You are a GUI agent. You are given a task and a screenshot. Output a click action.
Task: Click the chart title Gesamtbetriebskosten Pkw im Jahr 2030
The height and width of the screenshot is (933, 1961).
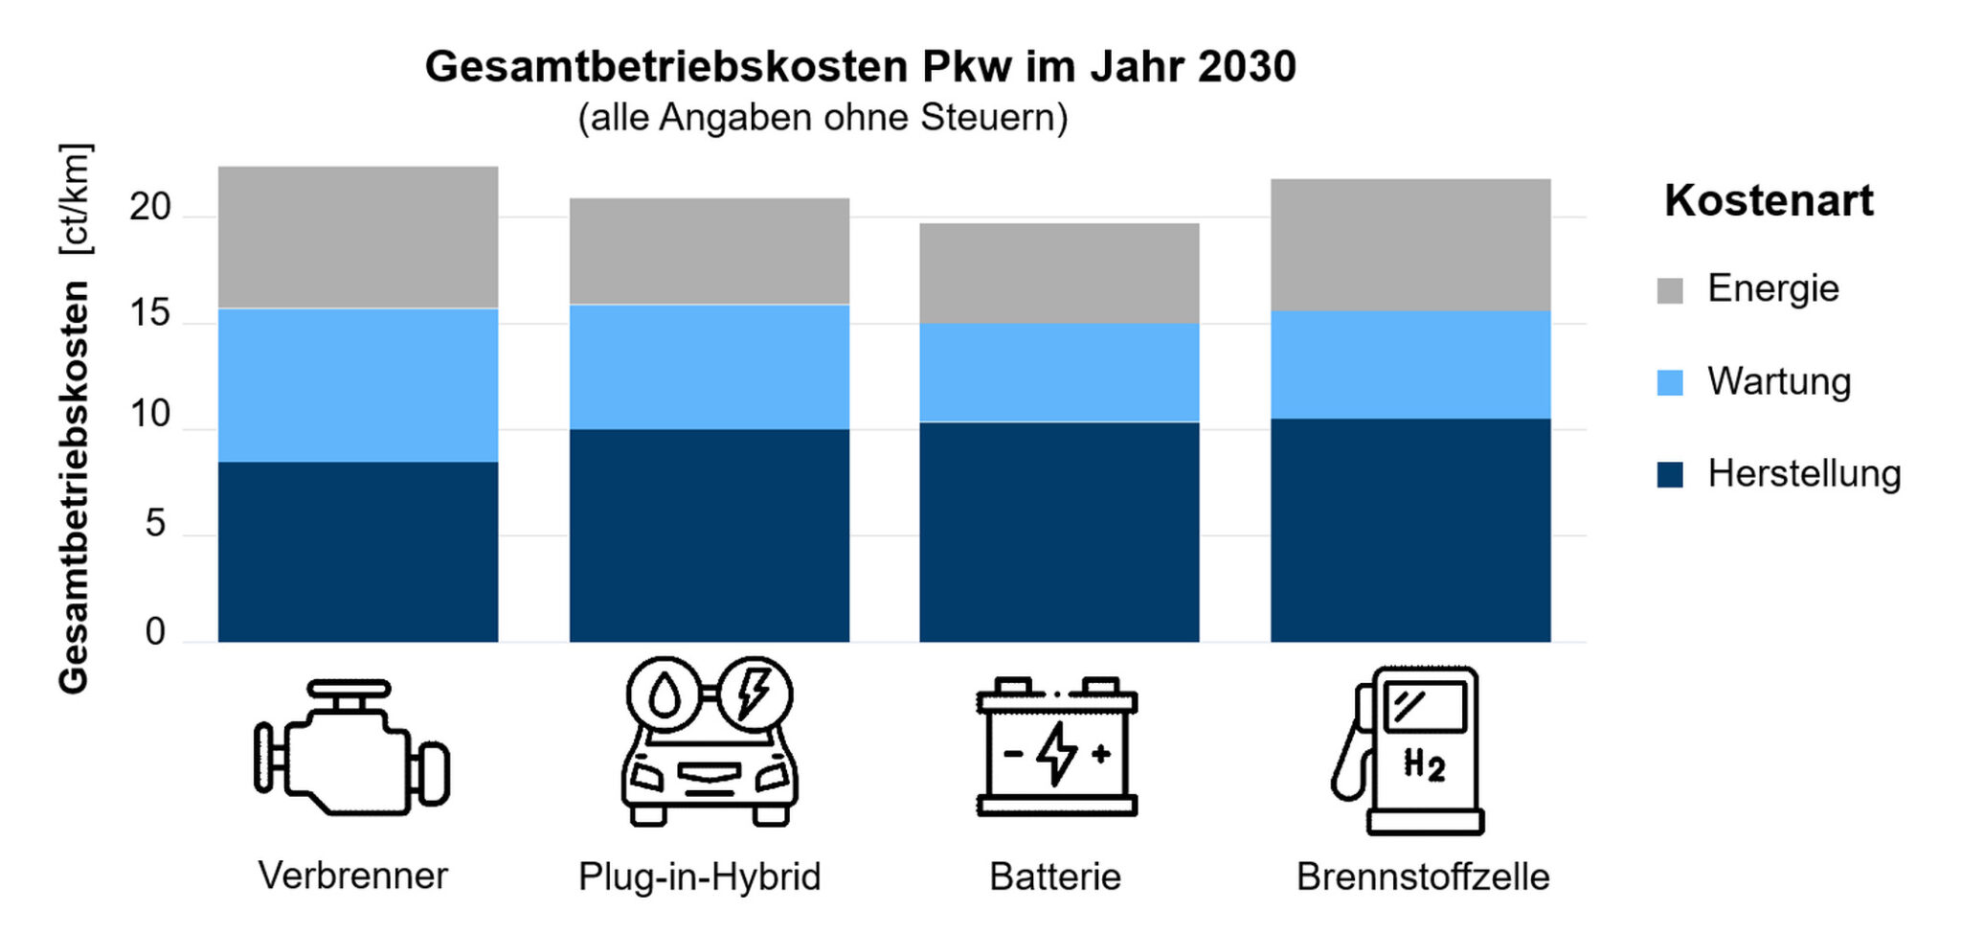click(x=860, y=67)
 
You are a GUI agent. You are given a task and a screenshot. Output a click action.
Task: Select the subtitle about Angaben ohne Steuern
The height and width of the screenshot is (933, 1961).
click(x=823, y=118)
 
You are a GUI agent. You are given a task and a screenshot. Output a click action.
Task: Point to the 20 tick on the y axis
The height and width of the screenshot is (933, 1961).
click(x=150, y=207)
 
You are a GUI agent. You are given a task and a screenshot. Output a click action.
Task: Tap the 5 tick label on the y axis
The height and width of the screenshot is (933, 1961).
click(x=155, y=525)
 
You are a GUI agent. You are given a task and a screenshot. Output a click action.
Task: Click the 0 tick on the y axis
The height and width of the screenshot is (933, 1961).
click(x=155, y=632)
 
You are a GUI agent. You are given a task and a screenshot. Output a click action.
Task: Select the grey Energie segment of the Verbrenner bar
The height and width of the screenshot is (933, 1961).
click(x=358, y=237)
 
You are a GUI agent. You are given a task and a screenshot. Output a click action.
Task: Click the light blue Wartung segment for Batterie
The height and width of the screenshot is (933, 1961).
click(x=1059, y=372)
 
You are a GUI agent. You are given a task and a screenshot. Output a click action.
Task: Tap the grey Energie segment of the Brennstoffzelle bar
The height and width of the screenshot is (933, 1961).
click(x=1410, y=244)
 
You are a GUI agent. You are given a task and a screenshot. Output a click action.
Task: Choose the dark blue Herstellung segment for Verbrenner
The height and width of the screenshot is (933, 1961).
click(x=358, y=551)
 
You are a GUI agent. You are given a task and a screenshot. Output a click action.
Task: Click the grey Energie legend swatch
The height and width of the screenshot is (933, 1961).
click(x=1670, y=290)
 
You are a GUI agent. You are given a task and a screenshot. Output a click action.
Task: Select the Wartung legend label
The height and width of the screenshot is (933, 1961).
click(x=1779, y=381)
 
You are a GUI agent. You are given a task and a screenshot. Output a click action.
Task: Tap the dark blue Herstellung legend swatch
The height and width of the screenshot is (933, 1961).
click(x=1670, y=474)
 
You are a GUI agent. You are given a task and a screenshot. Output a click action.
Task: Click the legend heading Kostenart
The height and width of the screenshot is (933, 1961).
click(x=1769, y=201)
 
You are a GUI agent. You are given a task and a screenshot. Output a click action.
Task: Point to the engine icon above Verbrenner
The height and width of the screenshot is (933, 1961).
click(x=351, y=748)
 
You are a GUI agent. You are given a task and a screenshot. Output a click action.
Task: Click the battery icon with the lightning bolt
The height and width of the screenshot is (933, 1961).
click(x=1057, y=747)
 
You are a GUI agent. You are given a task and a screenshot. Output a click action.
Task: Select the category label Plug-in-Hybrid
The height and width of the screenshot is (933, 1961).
click(x=700, y=876)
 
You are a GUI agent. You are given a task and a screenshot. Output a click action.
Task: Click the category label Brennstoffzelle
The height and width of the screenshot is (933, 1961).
click(x=1423, y=876)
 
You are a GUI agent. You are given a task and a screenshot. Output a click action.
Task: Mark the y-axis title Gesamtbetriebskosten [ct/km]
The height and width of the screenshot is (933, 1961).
click(x=75, y=419)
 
